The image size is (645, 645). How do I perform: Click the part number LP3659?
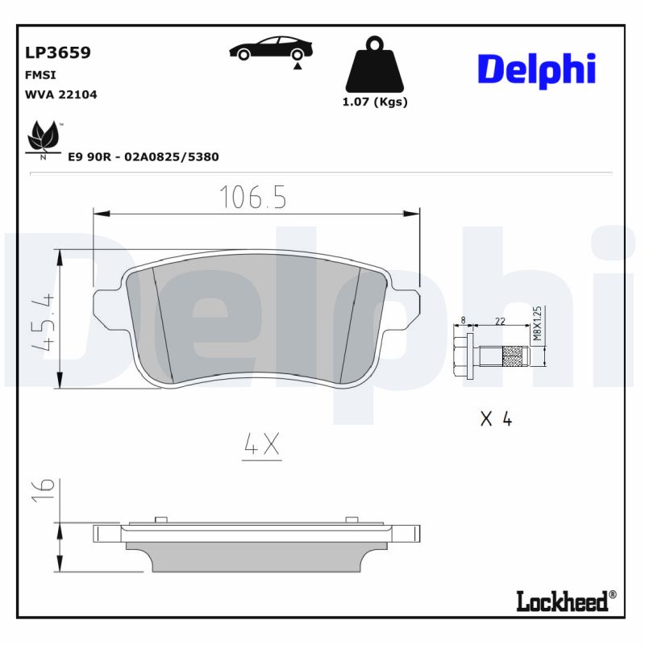pos(58,53)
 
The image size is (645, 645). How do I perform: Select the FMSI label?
pos(40,74)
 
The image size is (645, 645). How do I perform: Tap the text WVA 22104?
pos(61,94)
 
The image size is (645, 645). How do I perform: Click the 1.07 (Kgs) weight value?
pos(375,102)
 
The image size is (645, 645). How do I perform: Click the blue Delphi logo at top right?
pos(536,70)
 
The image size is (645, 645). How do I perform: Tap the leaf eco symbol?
pos(44,139)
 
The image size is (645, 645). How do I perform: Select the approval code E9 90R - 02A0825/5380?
pos(144,157)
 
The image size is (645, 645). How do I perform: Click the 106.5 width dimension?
pos(253,198)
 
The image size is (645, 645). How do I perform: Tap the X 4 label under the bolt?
pos(496,418)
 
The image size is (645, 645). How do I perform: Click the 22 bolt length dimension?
pos(499,321)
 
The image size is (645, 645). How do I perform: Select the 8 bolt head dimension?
pos(463,321)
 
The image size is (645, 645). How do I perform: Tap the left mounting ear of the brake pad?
pos(109,310)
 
